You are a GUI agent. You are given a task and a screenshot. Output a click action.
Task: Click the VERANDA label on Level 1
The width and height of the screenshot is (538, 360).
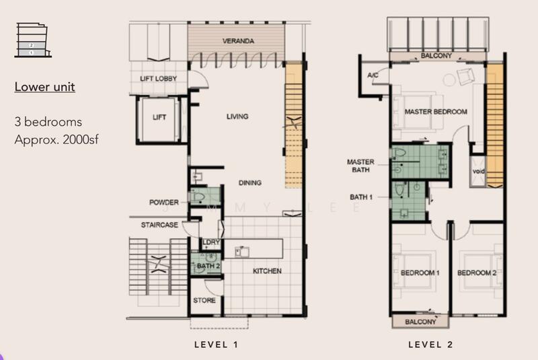click(238, 42)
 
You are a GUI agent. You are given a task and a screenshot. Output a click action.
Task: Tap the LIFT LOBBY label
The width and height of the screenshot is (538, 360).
click(159, 79)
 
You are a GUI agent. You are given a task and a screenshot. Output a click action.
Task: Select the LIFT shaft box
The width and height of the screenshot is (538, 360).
click(159, 118)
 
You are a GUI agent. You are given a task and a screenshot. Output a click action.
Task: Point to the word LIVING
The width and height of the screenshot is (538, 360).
click(237, 117)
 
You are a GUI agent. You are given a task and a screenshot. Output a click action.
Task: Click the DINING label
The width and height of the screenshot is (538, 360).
click(249, 183)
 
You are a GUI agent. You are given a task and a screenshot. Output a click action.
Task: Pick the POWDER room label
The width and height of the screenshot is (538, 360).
click(165, 202)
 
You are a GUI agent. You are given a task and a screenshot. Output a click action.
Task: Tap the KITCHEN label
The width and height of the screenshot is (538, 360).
click(266, 272)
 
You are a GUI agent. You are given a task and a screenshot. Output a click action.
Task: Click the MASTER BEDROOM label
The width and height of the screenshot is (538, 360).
click(436, 112)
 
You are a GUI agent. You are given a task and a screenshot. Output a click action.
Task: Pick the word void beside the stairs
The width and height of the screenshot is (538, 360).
click(479, 172)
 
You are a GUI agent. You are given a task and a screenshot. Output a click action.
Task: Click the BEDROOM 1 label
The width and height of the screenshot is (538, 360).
click(420, 273)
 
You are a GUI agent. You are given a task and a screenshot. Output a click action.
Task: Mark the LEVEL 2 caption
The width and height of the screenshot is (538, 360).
click(430, 345)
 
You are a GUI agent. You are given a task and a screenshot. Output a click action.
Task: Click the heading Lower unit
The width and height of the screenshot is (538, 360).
click(44, 87)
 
